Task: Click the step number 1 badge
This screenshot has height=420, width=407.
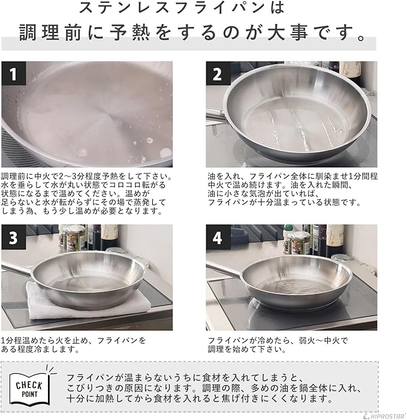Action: pyautogui.click(x=13, y=74)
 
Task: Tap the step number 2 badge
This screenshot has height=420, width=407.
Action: pyautogui.click(x=218, y=74)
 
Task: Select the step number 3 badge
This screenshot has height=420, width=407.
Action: pyautogui.click(x=13, y=237)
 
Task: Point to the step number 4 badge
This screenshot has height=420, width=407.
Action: pyautogui.click(x=218, y=237)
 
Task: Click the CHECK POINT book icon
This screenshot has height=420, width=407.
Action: pyautogui.click(x=30, y=388)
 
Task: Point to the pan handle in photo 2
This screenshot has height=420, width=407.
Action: pyautogui.click(x=214, y=115)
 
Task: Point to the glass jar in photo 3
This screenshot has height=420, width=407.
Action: pyautogui.click(x=76, y=238)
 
